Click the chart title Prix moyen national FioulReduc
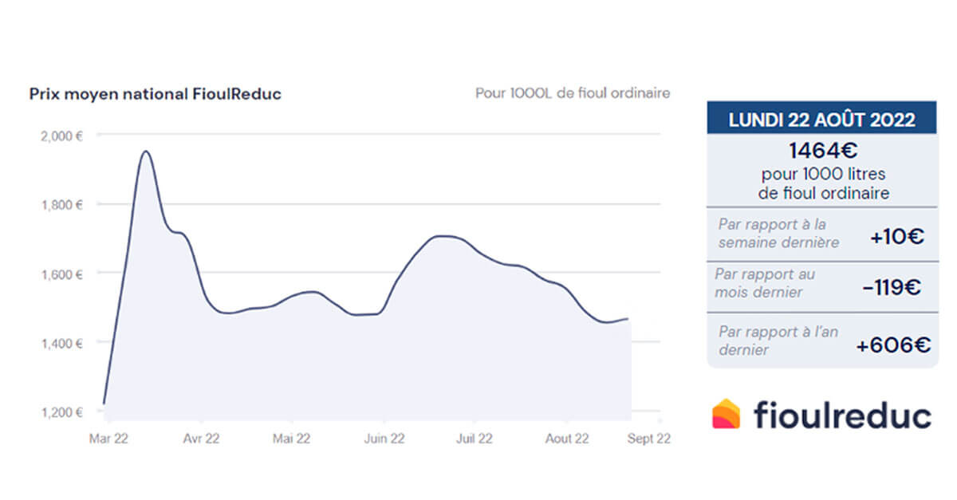pyautogui.click(x=155, y=94)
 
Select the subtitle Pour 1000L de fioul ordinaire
pyautogui.click(x=572, y=93)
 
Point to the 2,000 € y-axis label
pyautogui.click(x=62, y=136)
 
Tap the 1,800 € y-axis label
pyautogui.click(x=62, y=205)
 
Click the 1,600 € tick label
pyautogui.click(x=62, y=274)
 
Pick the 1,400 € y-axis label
pyautogui.click(x=62, y=344)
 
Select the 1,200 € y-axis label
pyautogui.click(x=62, y=412)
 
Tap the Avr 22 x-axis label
pyautogui.click(x=201, y=438)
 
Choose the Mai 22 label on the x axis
pyautogui.click(x=291, y=438)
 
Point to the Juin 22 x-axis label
pyautogui.click(x=384, y=438)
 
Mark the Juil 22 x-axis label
pyautogui.click(x=476, y=438)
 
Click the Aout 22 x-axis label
pyautogui.click(x=567, y=438)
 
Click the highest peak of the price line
pyautogui.click(x=145, y=152)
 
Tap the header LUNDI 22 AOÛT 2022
pyautogui.click(x=821, y=120)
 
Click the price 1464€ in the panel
pyautogui.click(x=822, y=150)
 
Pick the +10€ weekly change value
pyautogui.click(x=898, y=236)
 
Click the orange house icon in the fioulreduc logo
pyautogui.click(x=726, y=414)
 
